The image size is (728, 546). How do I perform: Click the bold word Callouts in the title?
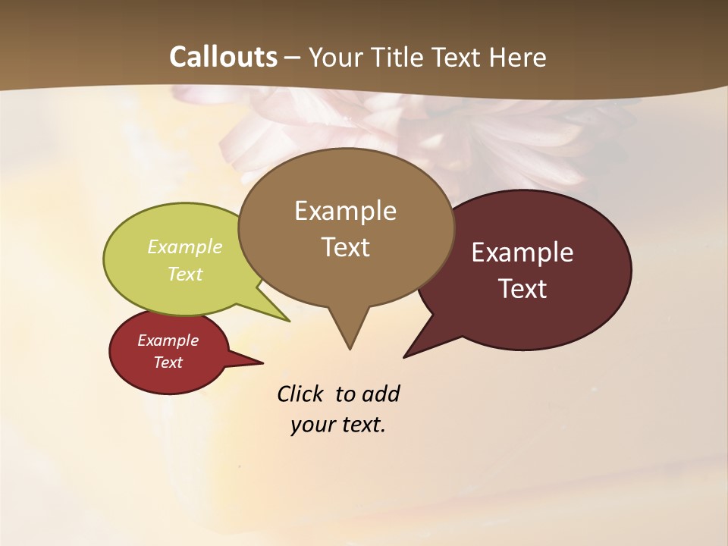click(x=223, y=57)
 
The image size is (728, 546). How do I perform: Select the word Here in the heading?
click(x=518, y=57)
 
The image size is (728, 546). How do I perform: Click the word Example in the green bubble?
click(x=185, y=246)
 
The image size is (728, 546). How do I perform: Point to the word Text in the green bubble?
click(x=185, y=274)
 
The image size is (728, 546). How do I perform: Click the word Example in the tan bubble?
click(x=345, y=211)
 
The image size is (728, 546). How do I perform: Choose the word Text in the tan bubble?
click(x=345, y=247)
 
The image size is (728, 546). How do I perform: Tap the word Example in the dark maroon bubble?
click(x=522, y=253)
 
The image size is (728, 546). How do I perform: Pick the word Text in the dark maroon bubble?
click(x=522, y=289)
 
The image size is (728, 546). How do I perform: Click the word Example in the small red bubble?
click(x=168, y=340)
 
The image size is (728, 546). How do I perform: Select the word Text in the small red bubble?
click(x=168, y=362)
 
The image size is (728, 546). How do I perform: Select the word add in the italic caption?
click(x=381, y=394)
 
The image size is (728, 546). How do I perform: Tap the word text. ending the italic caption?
click(x=361, y=425)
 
